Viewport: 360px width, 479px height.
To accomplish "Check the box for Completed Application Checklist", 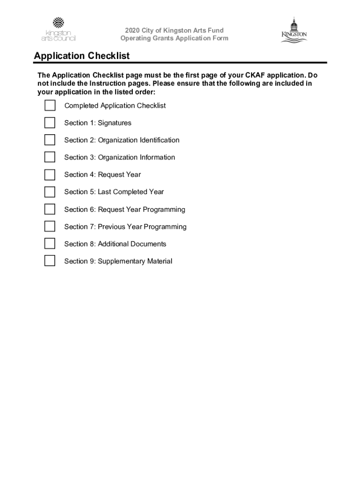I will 50,106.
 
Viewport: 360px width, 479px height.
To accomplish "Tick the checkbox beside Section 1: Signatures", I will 50,123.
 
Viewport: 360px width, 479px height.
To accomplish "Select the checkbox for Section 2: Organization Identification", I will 50,140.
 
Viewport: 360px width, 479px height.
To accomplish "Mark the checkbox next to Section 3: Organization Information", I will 50,157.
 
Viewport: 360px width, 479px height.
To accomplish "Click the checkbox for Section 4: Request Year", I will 50,174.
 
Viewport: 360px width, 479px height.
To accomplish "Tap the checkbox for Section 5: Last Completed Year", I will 50,192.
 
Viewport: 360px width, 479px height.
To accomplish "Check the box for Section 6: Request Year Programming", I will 50,209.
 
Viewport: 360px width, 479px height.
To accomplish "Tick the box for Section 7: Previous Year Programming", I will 50,226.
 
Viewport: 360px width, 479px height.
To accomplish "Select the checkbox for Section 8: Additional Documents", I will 50,244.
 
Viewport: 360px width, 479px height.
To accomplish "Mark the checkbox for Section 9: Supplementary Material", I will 50,261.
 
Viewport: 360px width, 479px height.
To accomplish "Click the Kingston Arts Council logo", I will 58,29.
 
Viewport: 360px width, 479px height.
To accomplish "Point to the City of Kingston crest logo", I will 294,30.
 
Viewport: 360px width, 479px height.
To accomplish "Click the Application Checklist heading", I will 82,56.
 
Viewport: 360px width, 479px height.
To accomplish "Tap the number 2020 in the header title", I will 127,31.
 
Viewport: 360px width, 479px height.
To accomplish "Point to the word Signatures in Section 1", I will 115,123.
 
